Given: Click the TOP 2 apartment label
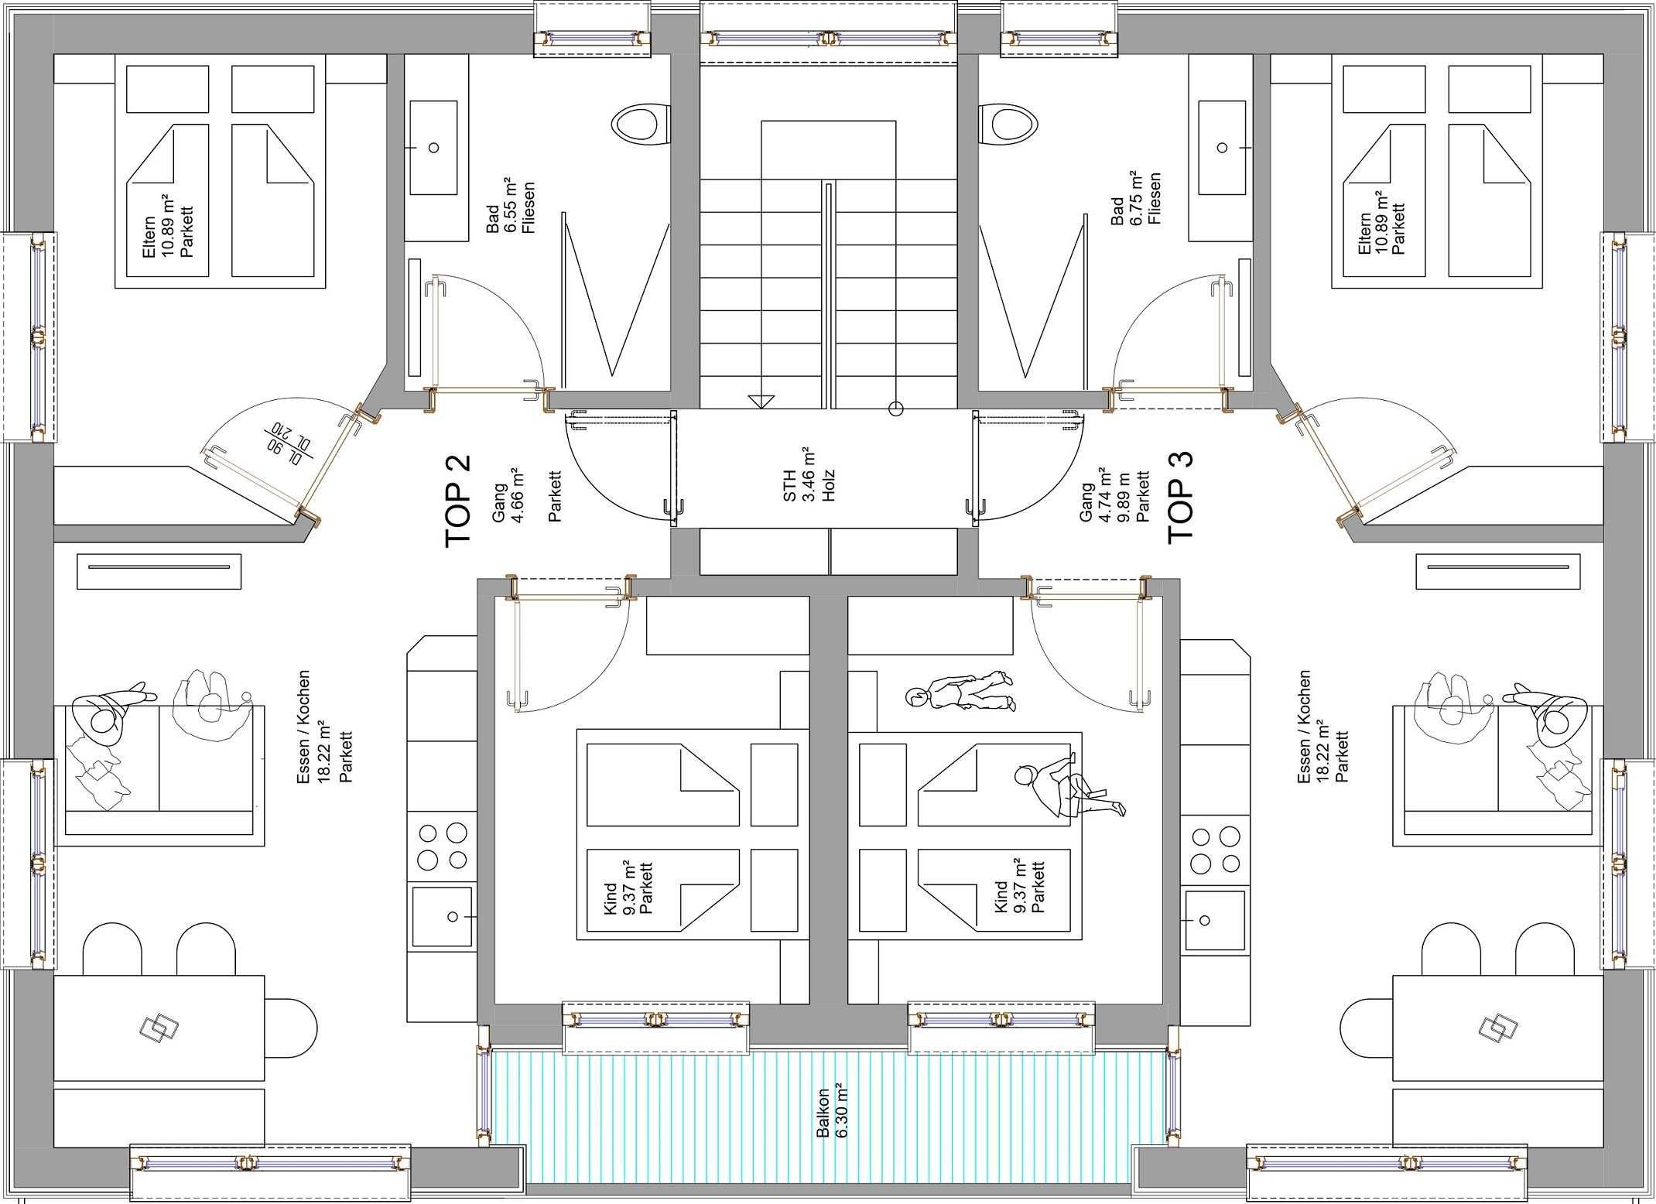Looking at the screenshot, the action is tap(457, 501).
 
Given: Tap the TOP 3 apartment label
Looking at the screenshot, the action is tap(1181, 498).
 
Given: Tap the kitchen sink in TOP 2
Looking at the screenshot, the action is tap(442, 917).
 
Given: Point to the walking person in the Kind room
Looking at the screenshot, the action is tap(960, 692).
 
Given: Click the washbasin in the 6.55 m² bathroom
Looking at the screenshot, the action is tap(433, 147).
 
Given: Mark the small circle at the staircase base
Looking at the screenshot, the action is tap(896, 408).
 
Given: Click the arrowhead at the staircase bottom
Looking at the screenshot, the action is tap(761, 402).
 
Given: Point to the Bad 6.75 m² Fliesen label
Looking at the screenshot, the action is tap(1136, 200).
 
